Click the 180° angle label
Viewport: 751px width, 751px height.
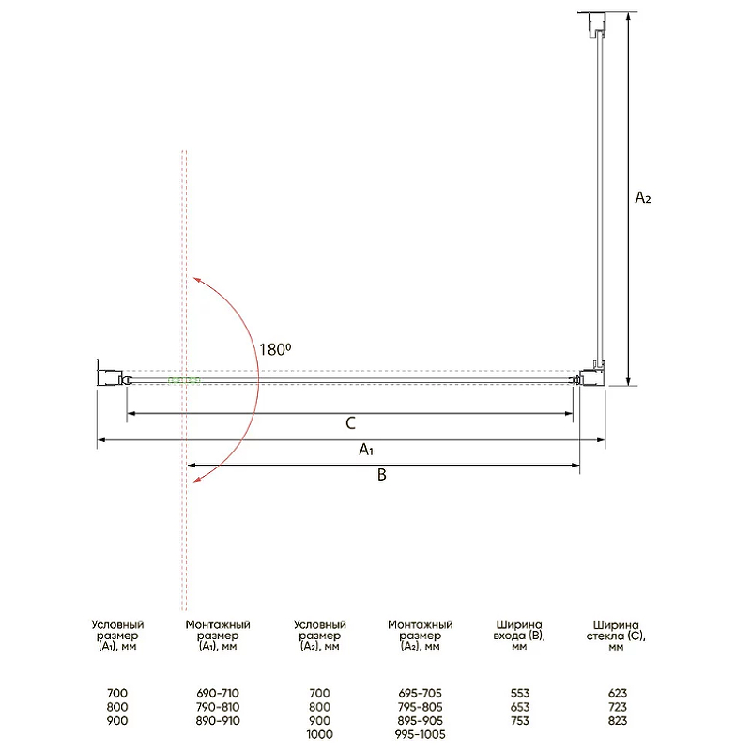275,349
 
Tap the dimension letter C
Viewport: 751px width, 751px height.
350,423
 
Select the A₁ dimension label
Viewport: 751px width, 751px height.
366,450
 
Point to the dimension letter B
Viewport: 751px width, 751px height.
382,475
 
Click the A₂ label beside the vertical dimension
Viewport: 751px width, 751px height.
643,197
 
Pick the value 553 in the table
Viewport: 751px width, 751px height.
520,693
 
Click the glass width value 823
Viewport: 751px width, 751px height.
618,720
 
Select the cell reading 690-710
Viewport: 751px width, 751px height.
218,693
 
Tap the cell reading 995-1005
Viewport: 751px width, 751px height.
420,734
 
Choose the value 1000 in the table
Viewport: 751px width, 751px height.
319,734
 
